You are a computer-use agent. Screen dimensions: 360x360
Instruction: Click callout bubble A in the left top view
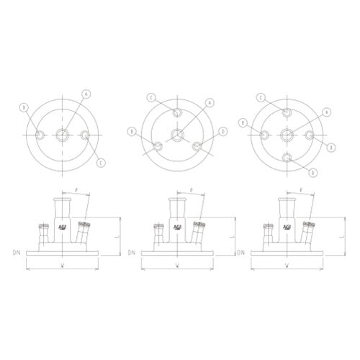86,94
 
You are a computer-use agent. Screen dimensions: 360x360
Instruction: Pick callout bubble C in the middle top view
151,96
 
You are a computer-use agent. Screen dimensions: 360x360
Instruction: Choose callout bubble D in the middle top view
224,131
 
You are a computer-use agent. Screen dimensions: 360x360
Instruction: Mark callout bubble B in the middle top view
132,130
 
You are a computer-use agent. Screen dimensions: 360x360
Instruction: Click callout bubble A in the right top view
326,112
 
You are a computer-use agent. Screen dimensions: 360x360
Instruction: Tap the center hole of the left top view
63,135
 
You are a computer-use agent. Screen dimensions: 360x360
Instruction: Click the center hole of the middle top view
177,135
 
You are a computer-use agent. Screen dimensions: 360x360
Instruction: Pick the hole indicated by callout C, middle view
177,112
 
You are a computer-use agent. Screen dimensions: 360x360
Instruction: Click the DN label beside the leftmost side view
16,252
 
